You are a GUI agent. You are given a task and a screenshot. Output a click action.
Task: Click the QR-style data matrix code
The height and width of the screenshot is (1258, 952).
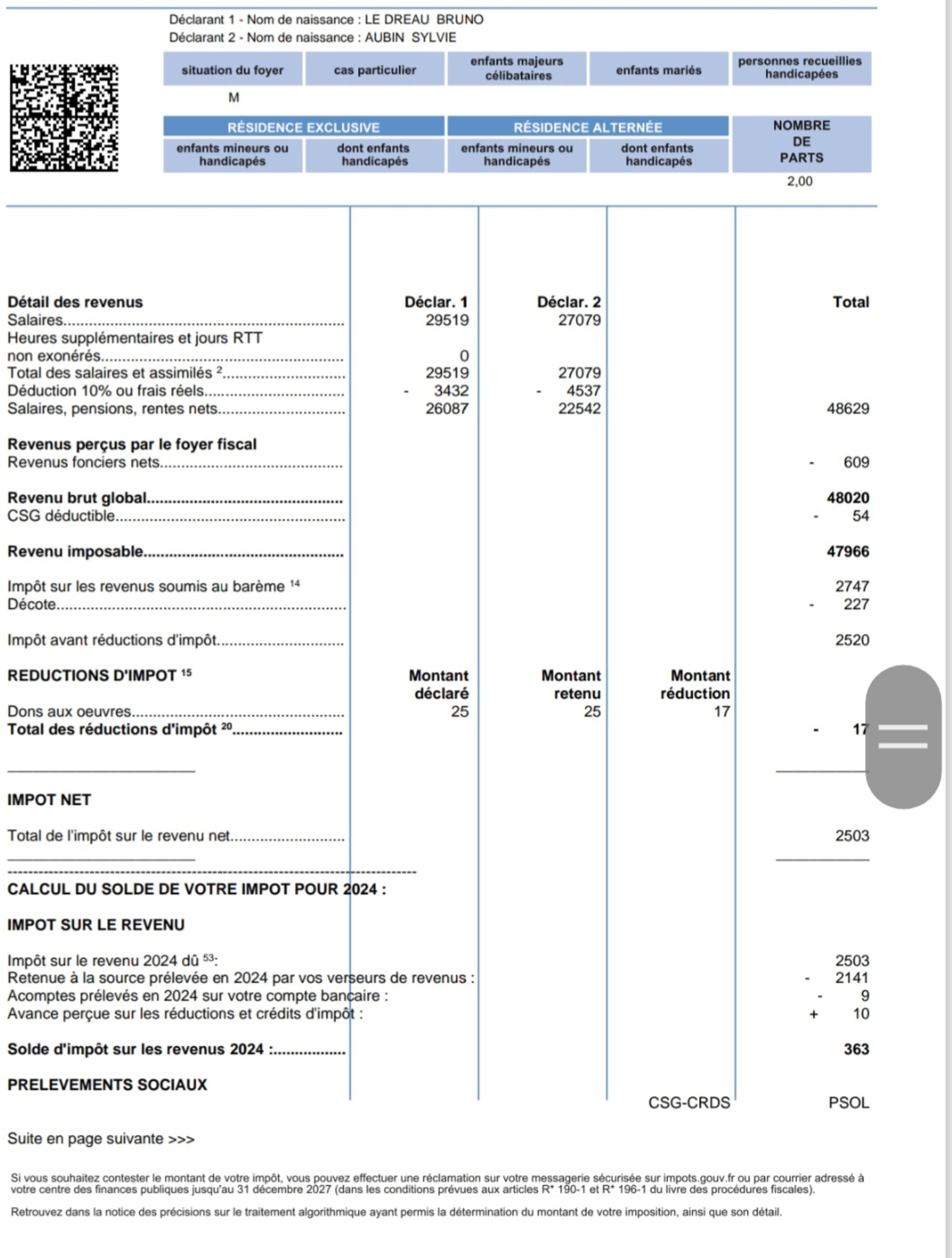[x=64, y=118]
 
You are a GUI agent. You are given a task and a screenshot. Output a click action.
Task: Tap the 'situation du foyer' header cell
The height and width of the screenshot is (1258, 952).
[x=233, y=70]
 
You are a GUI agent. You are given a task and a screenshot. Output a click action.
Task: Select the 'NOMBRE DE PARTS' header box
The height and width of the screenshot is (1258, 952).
[x=801, y=142]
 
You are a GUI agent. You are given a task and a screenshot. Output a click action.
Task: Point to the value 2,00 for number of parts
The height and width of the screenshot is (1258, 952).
[x=799, y=181]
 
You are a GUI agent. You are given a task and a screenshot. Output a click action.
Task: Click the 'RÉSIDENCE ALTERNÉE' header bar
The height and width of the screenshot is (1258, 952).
[x=587, y=127]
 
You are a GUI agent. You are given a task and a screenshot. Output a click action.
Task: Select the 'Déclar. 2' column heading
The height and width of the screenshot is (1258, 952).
[x=568, y=302]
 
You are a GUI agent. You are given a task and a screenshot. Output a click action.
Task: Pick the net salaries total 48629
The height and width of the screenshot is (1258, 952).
[x=847, y=408]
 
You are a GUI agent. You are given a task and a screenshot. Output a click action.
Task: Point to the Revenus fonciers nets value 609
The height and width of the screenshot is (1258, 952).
[x=856, y=462]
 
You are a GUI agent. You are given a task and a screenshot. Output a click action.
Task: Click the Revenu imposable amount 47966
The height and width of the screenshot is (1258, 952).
[x=847, y=551]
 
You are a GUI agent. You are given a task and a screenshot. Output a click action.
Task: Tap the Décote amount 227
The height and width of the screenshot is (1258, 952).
[x=856, y=604]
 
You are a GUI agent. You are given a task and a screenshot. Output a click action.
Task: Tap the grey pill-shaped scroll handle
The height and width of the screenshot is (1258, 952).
[x=902, y=736]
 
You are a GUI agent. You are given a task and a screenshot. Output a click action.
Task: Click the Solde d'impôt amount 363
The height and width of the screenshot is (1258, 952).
[x=856, y=1049]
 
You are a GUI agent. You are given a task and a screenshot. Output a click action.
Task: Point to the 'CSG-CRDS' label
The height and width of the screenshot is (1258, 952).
[x=689, y=1103]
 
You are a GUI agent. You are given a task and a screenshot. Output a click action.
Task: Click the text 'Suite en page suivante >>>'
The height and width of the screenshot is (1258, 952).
[x=100, y=1139]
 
